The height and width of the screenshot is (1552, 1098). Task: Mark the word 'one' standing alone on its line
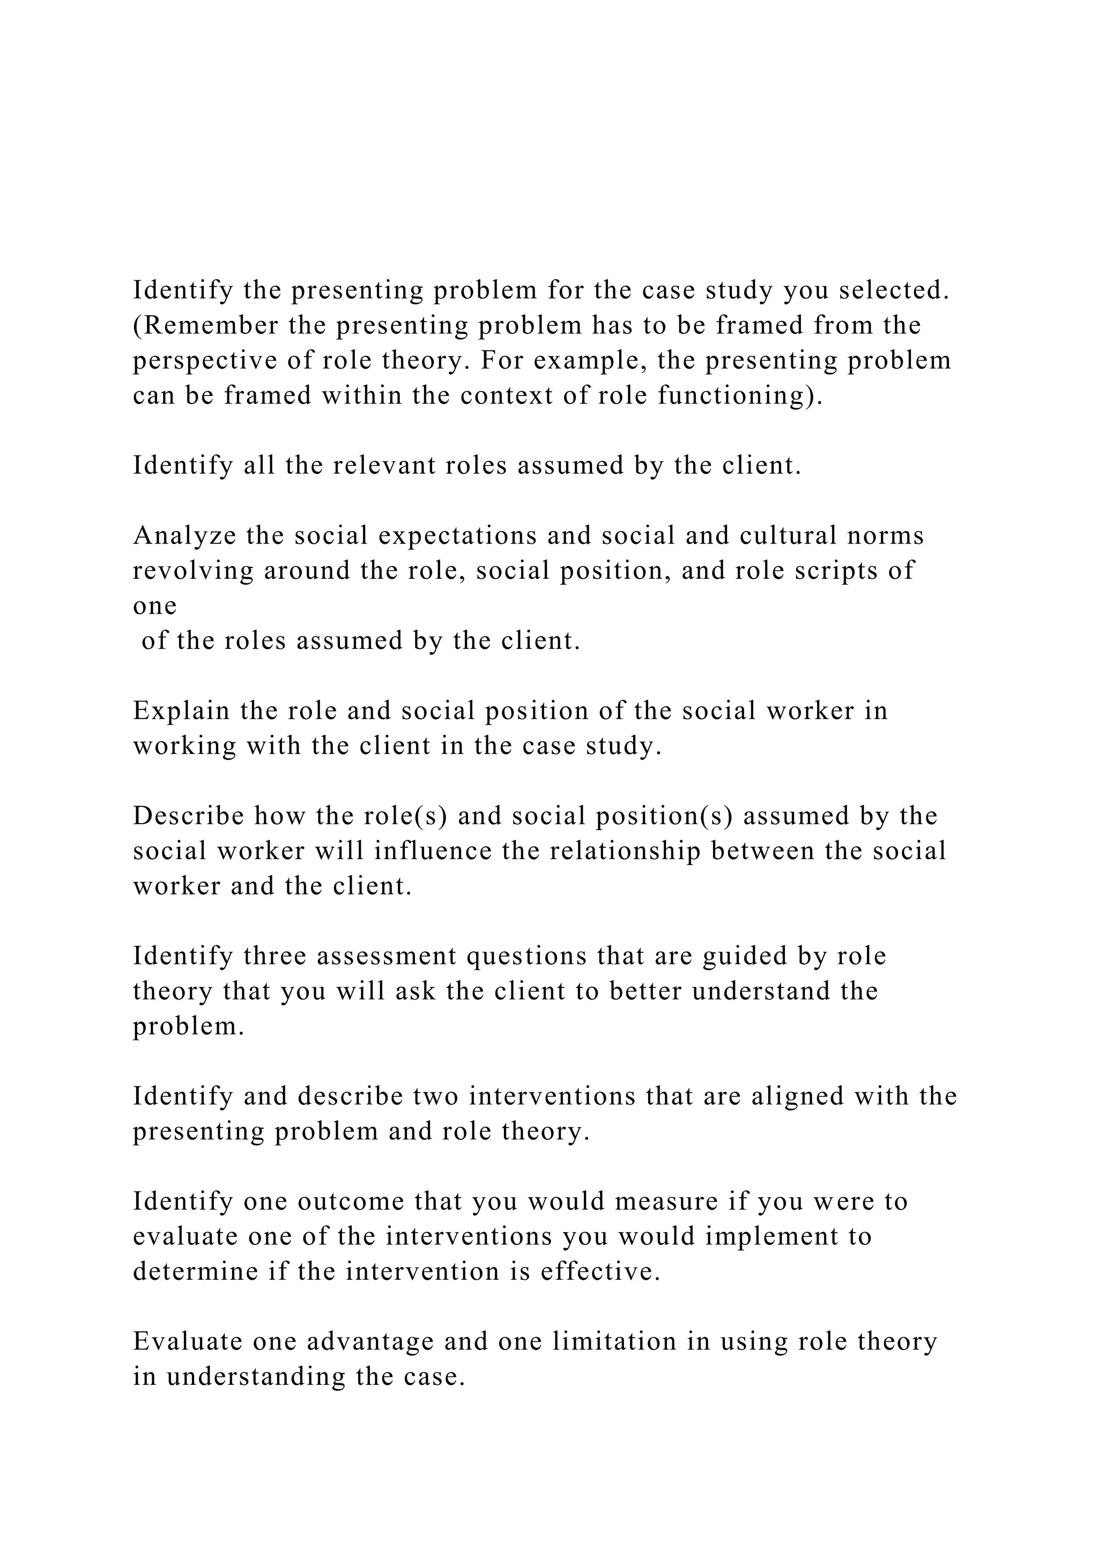coord(154,606)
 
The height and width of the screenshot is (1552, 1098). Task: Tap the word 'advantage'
coord(370,1342)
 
